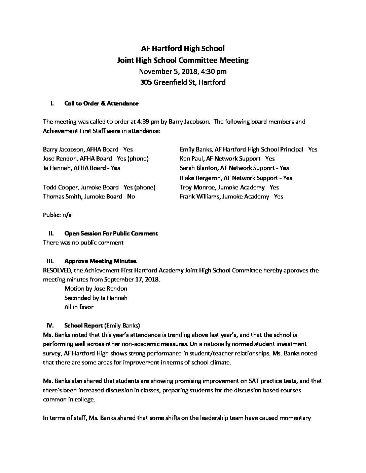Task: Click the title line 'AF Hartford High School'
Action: [183, 48]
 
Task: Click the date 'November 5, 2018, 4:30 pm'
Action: [183, 71]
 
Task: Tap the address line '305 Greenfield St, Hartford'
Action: [183, 82]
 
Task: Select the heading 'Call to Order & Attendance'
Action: [101, 103]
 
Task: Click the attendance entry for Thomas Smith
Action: [89, 197]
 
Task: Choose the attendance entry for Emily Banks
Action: [249, 149]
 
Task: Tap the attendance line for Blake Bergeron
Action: [236, 178]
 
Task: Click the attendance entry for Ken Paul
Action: [227, 159]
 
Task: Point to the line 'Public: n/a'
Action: [57, 215]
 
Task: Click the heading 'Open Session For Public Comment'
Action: [111, 233]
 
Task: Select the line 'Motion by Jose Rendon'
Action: [96, 289]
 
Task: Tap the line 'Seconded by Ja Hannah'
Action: [96, 298]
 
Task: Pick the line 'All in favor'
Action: [79, 307]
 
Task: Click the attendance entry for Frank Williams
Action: [231, 197]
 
